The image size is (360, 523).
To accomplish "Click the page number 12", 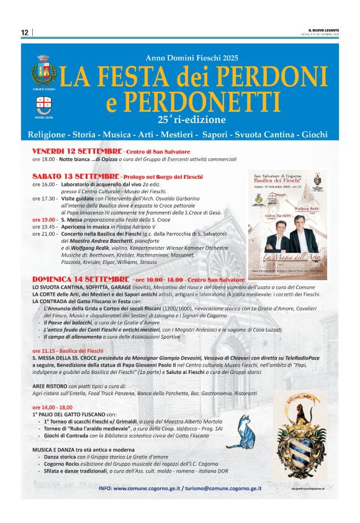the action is click(x=25, y=32).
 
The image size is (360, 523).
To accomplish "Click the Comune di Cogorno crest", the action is click(x=43, y=71).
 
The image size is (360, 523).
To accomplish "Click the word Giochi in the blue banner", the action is click(x=319, y=134).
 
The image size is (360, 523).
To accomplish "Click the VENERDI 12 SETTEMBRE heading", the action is click(x=77, y=152).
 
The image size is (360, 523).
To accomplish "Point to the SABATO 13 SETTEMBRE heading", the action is click(x=77, y=177).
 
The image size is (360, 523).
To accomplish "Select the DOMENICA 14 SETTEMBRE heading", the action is click(x=81, y=280).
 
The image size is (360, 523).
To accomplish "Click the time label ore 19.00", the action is click(x=45, y=220).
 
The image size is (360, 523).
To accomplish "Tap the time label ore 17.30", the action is click(x=45, y=198).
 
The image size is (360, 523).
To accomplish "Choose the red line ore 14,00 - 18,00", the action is click(x=52, y=407).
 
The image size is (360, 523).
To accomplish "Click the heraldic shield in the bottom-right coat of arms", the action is click(x=299, y=444).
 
